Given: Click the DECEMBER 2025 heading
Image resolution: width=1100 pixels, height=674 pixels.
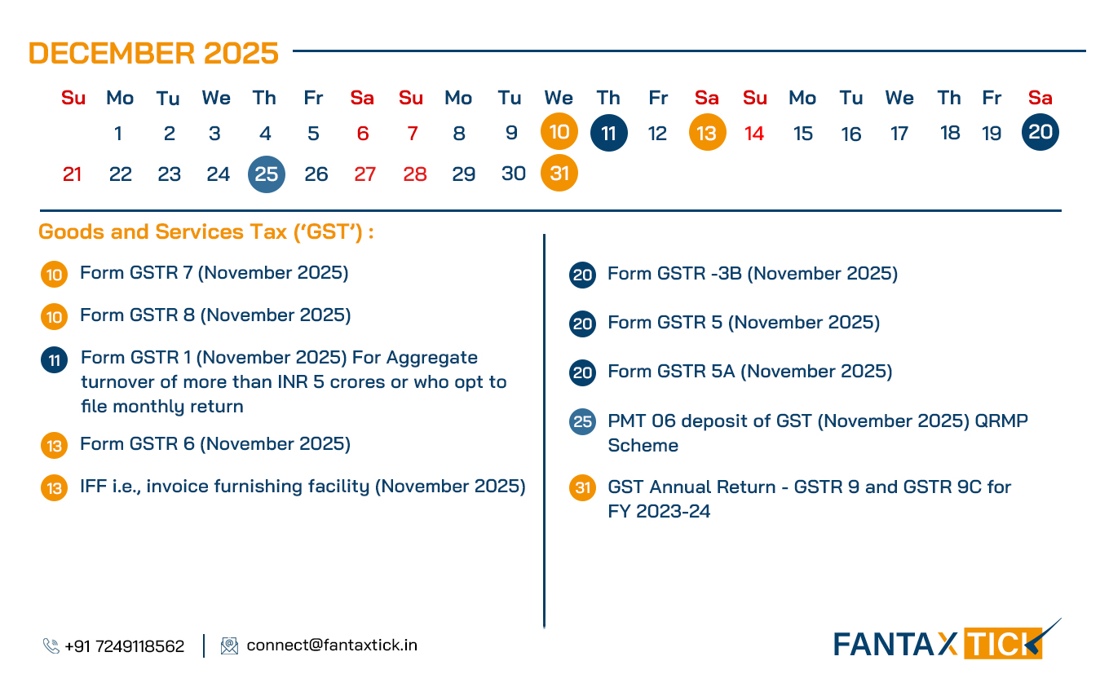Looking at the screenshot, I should point(153,54).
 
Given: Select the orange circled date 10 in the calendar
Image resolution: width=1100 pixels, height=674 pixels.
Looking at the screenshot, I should point(559,132).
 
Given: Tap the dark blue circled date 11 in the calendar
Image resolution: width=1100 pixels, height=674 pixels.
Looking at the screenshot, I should point(608,133).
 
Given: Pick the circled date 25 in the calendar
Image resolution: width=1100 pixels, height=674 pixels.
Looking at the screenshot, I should point(267,174).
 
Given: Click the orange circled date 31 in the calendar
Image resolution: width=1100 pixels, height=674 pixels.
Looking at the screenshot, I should point(559,174).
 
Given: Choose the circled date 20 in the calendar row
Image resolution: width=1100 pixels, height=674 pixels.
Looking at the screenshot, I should point(1040,132).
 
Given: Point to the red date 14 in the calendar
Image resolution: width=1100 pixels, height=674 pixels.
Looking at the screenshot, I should point(754,134).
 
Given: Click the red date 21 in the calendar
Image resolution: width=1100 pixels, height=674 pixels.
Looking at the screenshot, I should point(72,174).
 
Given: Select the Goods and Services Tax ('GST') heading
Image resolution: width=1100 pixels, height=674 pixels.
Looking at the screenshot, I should point(206,232).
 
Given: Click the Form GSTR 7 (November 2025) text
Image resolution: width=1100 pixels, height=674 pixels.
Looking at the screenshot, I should point(214,273).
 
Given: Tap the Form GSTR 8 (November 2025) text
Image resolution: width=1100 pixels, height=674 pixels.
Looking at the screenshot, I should point(214,315).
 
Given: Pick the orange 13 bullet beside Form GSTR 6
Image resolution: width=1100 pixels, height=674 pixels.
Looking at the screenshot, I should point(54,446).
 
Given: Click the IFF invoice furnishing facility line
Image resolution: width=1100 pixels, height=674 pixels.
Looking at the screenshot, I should point(302,487).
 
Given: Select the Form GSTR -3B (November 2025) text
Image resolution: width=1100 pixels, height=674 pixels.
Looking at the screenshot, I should point(752,274).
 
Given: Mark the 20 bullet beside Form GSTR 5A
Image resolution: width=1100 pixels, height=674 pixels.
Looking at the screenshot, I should point(582,373).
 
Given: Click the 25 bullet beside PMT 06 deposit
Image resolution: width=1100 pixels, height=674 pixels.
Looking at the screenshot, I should point(582,422).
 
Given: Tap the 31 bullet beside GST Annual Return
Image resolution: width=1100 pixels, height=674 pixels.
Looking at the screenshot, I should point(582,488).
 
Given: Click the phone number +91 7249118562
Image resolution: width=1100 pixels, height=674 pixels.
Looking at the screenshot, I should point(124,646).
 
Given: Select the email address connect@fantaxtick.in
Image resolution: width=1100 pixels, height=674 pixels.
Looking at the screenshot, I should point(331,645).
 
